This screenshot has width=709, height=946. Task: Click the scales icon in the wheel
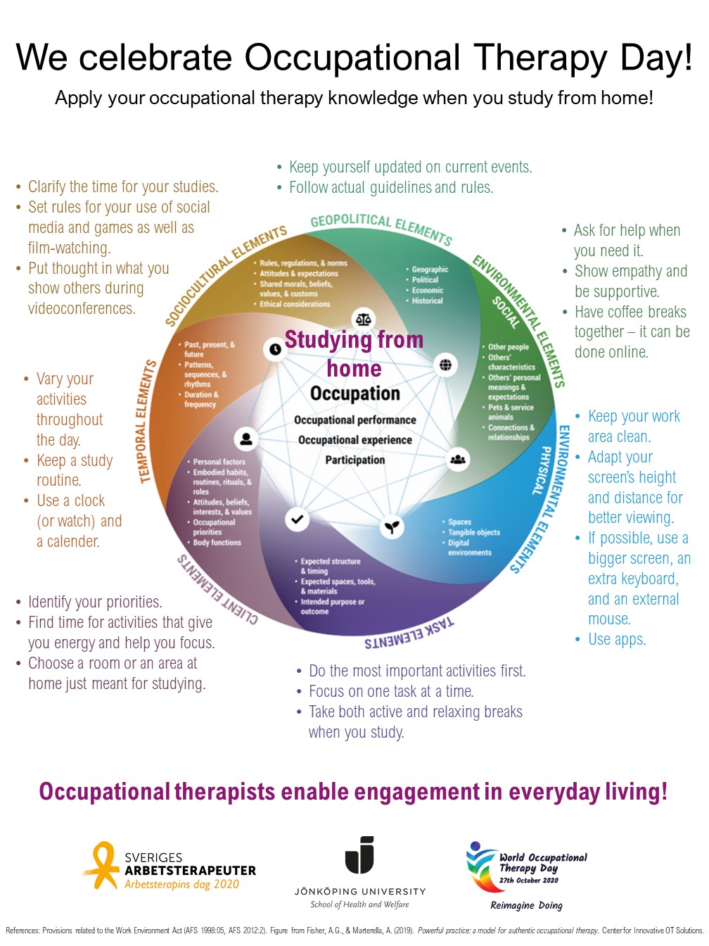[x=363, y=320]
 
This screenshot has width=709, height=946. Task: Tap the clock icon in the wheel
[x=274, y=349]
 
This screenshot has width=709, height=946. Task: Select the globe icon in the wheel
[x=446, y=365]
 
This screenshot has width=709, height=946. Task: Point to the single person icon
[x=245, y=439]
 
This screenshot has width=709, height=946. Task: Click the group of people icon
[x=458, y=460]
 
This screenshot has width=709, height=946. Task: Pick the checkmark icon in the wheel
[x=297, y=519]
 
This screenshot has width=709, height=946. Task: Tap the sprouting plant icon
[x=392, y=526]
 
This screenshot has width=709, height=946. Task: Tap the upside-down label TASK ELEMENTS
[x=409, y=633]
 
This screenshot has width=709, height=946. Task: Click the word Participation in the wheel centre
[x=355, y=460]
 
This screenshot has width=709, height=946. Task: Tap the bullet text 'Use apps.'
[x=617, y=639]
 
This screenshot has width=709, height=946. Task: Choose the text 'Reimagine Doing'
[x=526, y=905]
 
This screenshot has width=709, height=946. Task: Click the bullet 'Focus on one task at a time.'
[x=391, y=691]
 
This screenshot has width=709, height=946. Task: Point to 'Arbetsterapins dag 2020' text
[x=181, y=885]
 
